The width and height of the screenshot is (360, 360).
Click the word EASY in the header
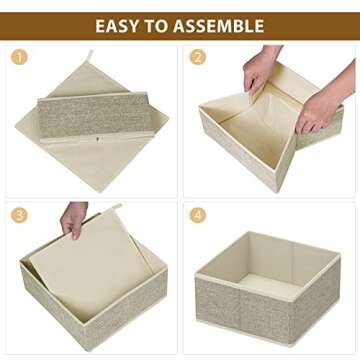(x=121, y=26)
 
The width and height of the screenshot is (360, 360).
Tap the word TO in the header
(x=160, y=26)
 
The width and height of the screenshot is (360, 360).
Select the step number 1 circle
(x=20, y=57)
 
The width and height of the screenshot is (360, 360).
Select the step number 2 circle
(x=197, y=57)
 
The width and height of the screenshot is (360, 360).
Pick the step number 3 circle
(x=20, y=215)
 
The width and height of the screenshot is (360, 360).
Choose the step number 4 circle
(x=197, y=215)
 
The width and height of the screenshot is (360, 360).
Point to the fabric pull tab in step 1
(x=88, y=60)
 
